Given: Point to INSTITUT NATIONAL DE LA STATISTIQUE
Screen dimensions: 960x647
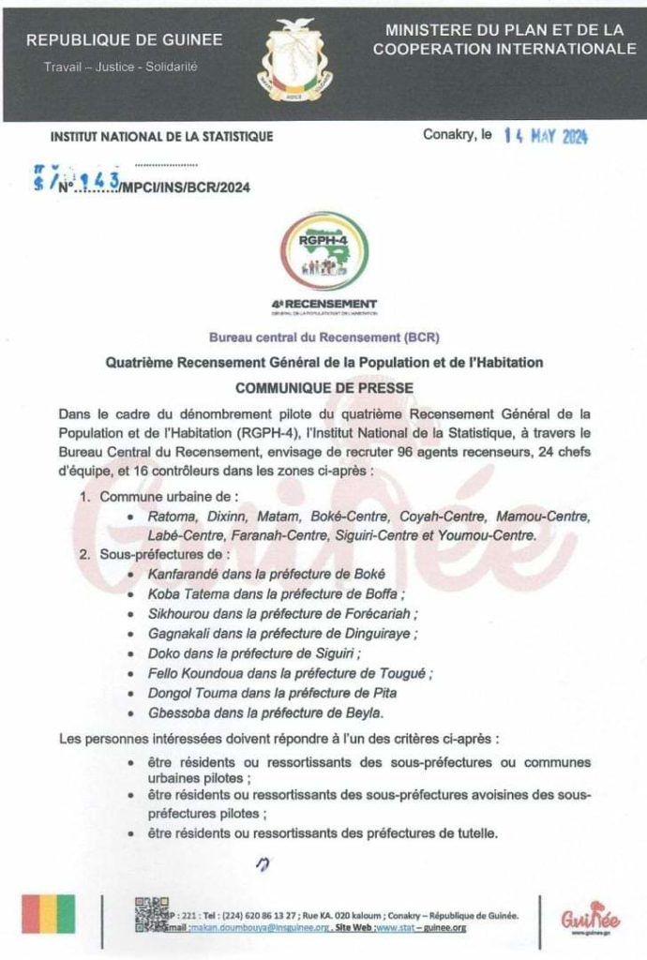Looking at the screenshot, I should tap(161, 137).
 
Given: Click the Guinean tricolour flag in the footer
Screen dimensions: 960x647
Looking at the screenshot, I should tap(49, 913).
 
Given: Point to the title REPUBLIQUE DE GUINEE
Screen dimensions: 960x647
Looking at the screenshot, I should tap(125, 40).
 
